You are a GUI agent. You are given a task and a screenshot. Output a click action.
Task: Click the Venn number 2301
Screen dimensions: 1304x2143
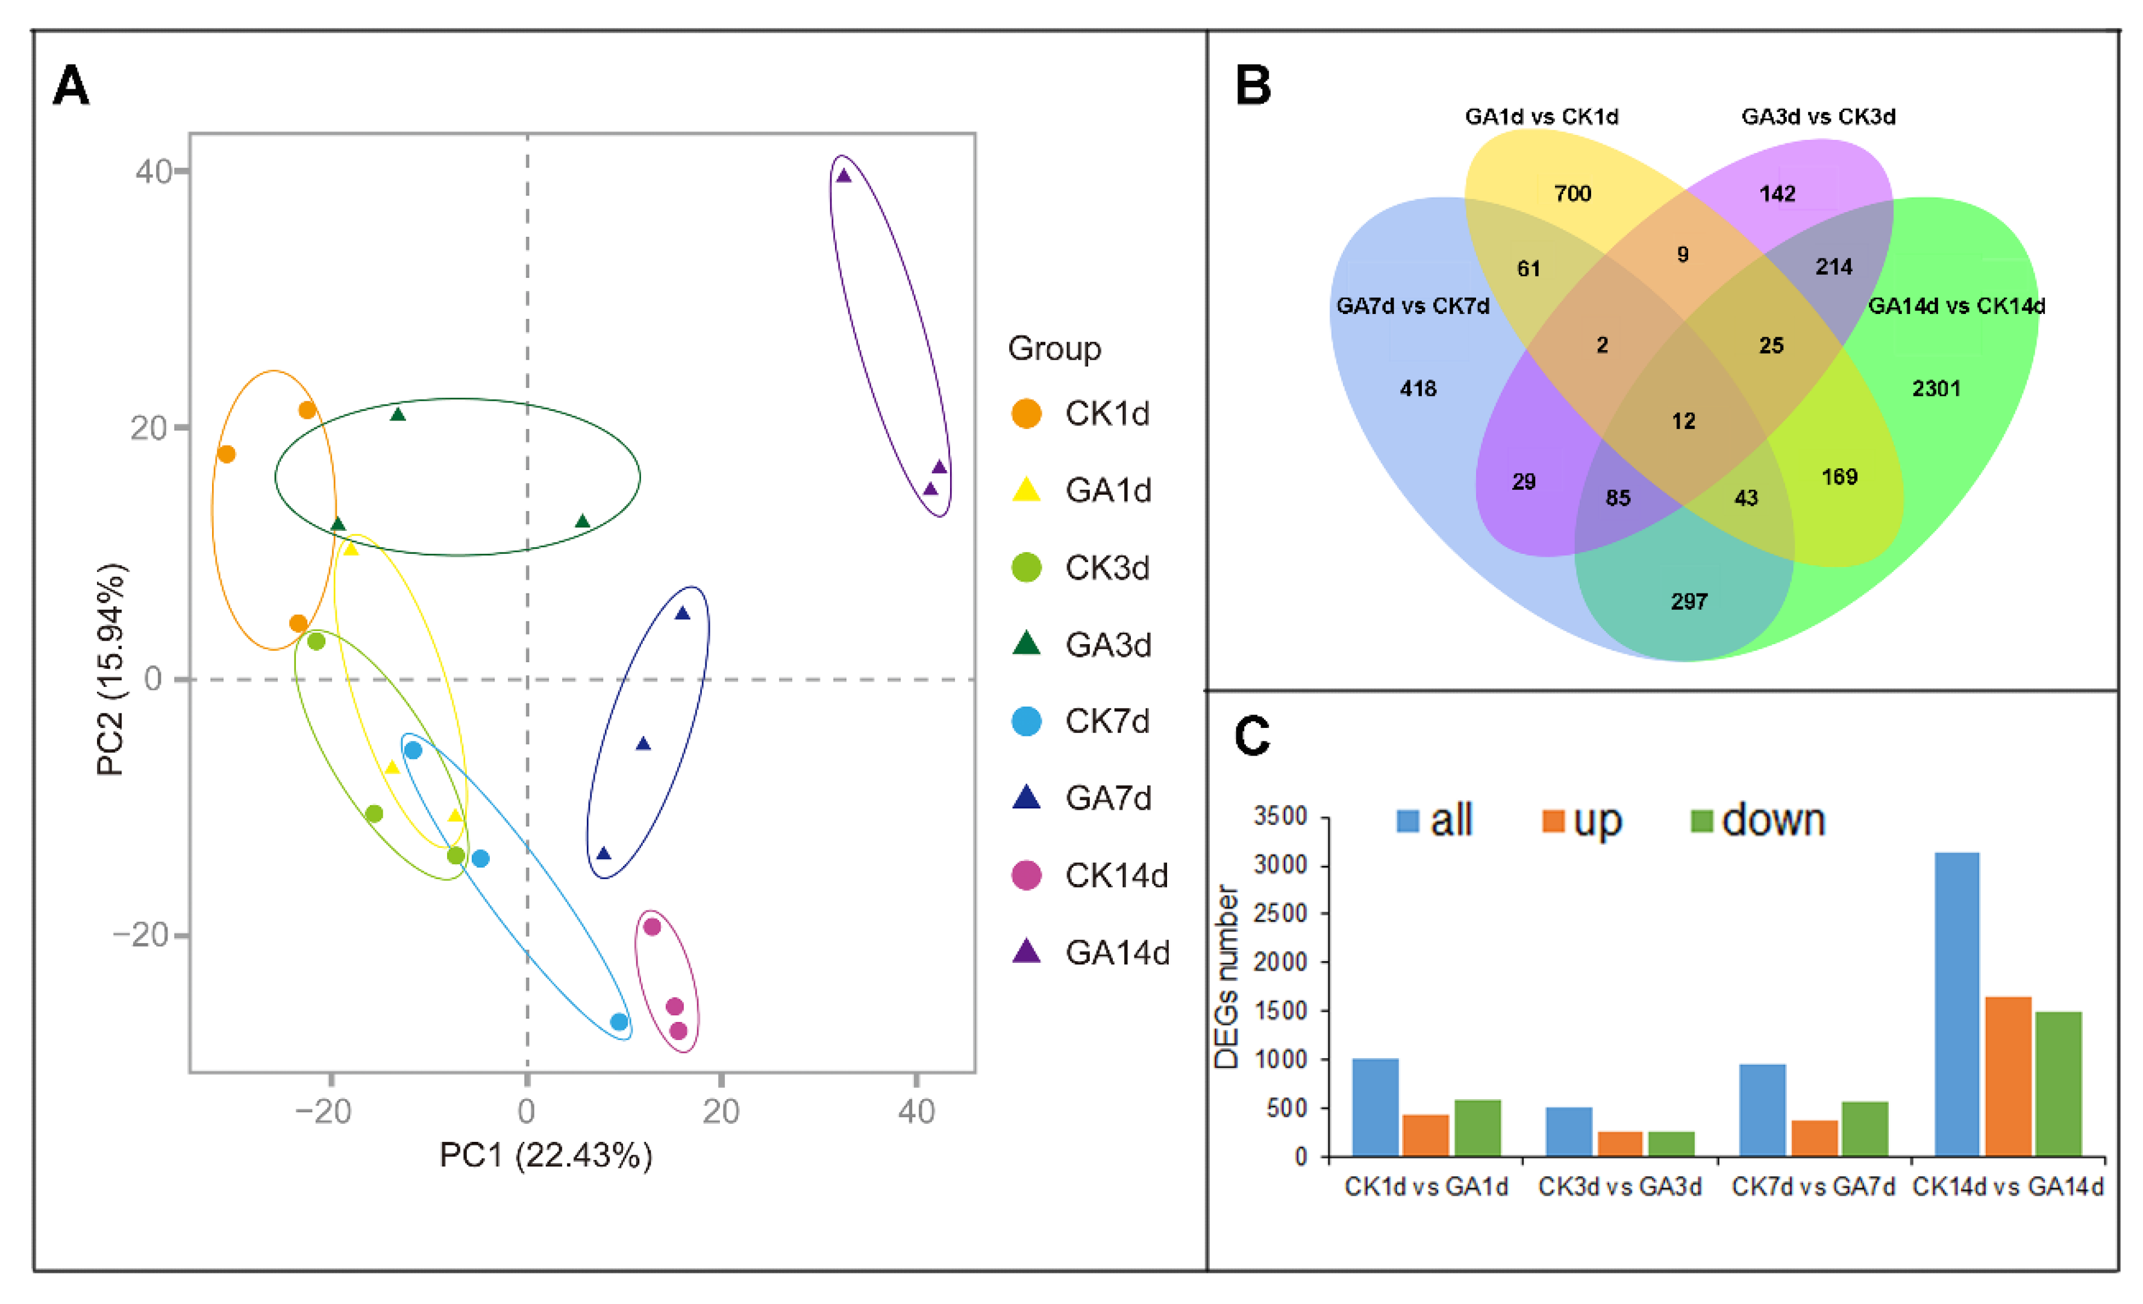point(1936,388)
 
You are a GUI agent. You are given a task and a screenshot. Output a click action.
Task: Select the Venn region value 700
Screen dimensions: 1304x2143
point(1572,193)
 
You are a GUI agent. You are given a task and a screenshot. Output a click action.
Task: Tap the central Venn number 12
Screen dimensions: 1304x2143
point(1683,421)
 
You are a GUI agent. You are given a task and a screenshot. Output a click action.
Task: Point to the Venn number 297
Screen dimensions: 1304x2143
point(1689,601)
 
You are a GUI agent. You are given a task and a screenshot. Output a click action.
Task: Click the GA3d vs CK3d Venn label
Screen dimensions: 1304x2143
point(1818,116)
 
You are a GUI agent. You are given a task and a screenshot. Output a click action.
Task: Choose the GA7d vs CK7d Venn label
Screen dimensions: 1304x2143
point(1412,306)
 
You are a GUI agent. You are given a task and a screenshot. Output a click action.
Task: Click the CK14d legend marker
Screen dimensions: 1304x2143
point(1026,875)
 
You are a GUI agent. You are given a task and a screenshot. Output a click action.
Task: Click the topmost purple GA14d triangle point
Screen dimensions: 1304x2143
point(843,177)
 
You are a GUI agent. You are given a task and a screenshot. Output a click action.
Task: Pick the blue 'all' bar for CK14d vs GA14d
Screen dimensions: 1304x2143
point(1957,1004)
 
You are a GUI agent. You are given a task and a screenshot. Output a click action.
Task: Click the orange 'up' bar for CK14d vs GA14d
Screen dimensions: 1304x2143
point(2007,1076)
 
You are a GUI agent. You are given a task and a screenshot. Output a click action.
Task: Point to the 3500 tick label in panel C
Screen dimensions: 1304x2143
point(1280,816)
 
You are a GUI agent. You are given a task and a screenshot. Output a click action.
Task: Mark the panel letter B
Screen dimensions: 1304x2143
point(1253,86)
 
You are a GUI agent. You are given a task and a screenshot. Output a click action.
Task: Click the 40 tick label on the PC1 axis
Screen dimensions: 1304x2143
point(916,1111)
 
